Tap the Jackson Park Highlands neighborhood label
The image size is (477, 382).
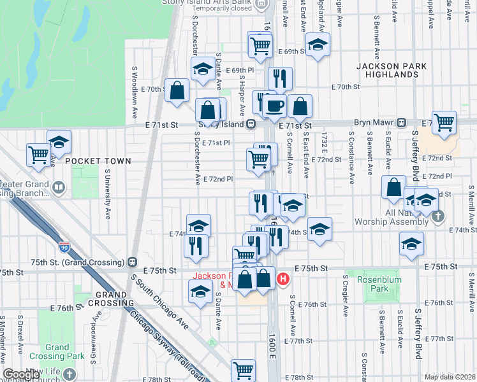[386, 70]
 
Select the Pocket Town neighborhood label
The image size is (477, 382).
[97, 161]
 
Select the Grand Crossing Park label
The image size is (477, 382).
[57, 352]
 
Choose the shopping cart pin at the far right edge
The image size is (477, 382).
[444, 121]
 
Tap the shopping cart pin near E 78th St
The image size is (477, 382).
[243, 369]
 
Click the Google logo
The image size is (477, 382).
[21, 375]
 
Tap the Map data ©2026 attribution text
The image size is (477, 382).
[449, 377]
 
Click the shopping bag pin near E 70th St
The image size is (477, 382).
[177, 90]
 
